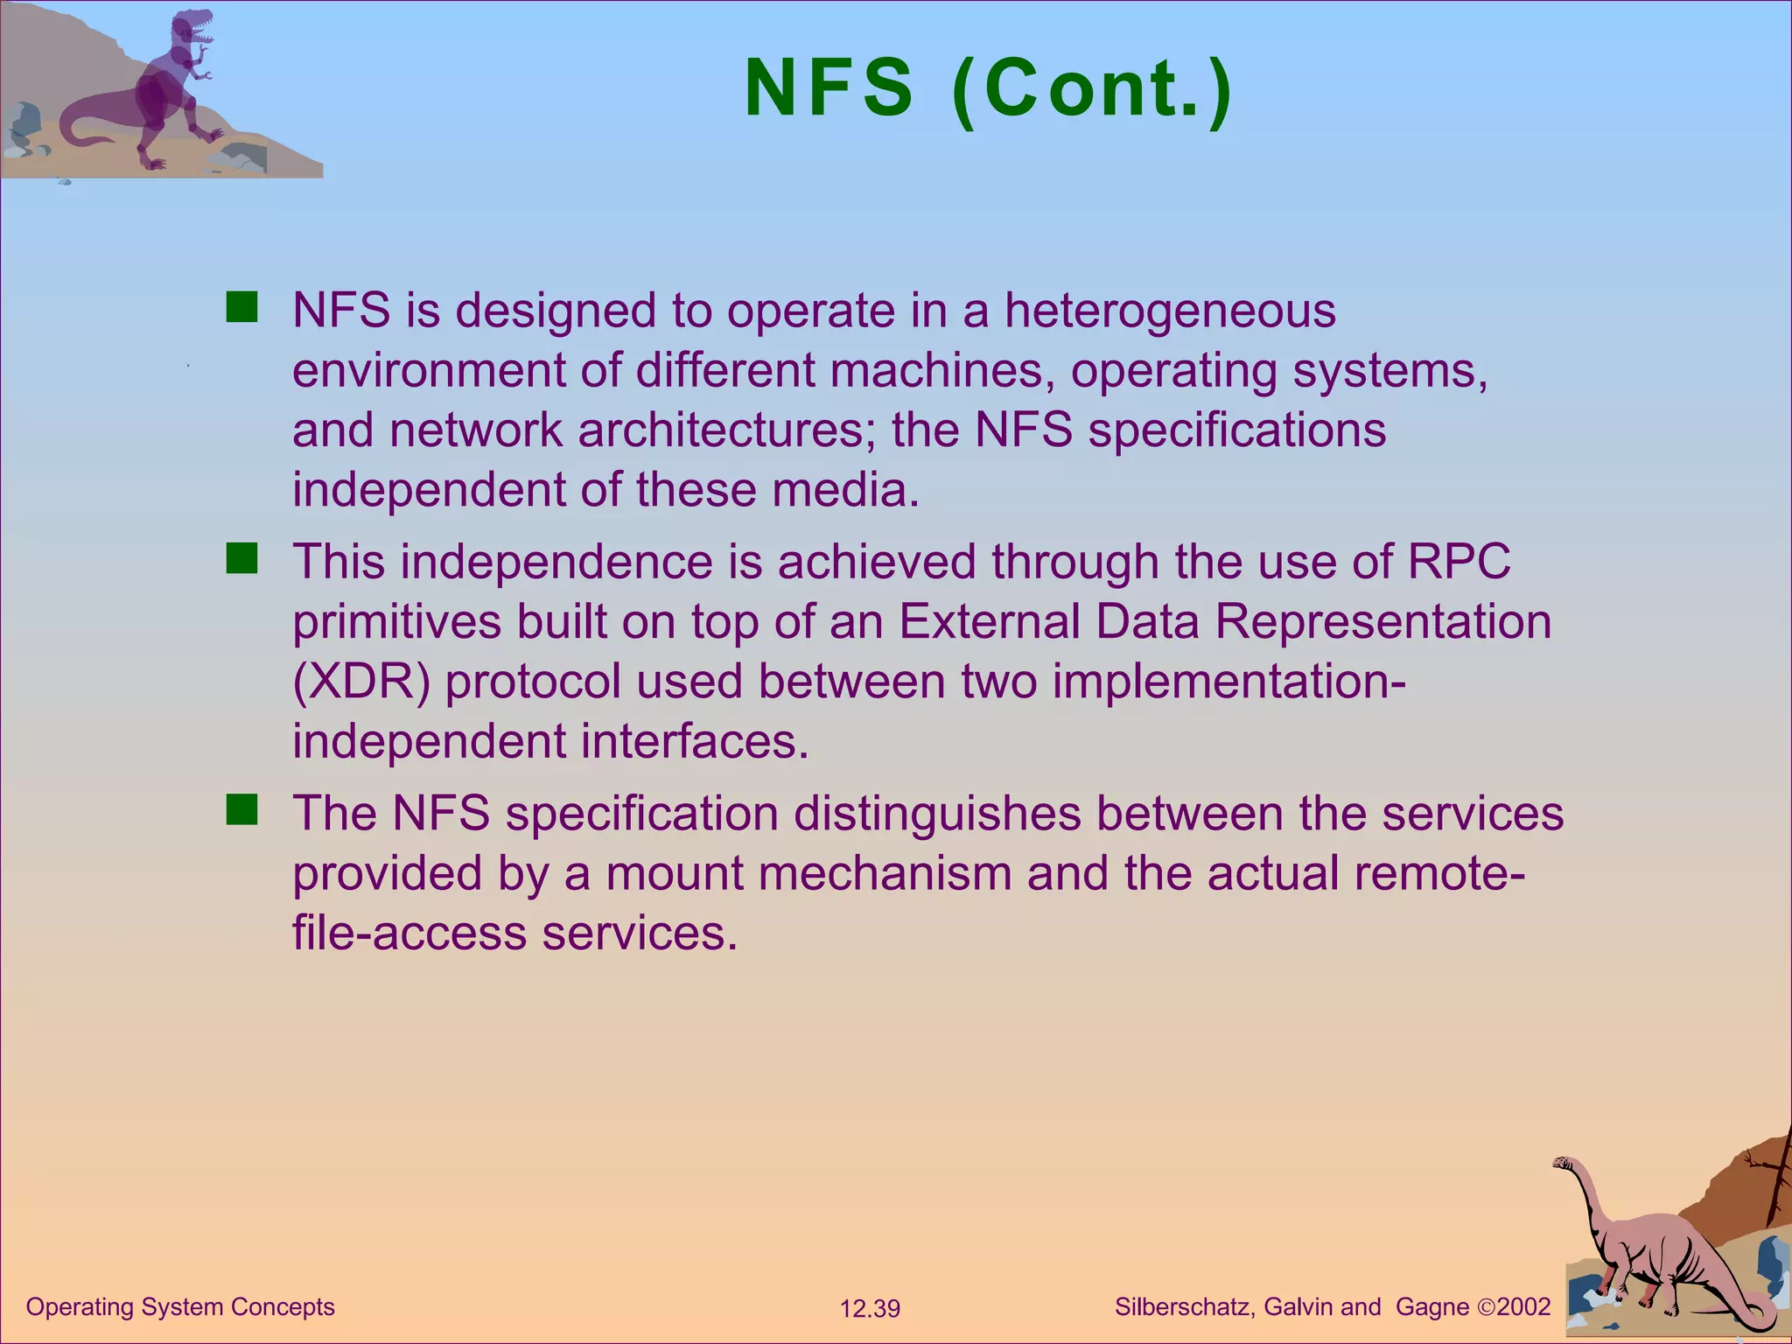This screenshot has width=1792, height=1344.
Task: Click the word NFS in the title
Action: point(828,88)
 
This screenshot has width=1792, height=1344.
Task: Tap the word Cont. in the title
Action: point(1094,88)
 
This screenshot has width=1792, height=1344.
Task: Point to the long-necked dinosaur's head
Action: point(1562,1163)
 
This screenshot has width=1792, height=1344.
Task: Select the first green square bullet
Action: point(241,308)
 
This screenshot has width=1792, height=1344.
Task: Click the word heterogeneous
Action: point(1170,311)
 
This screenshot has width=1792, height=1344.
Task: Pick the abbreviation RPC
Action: point(1459,562)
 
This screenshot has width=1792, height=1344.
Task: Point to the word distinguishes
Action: point(937,813)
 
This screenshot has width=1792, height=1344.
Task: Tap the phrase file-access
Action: point(409,933)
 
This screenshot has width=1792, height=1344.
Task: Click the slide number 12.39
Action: point(870,1309)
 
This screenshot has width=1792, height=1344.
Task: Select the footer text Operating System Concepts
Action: point(180,1307)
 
